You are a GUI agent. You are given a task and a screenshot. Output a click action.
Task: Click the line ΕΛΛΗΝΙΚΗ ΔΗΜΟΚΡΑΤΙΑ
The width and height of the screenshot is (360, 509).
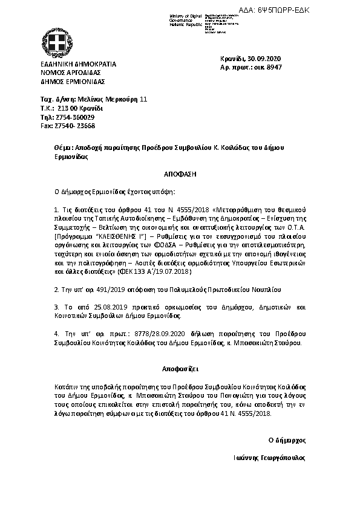coord(79,64)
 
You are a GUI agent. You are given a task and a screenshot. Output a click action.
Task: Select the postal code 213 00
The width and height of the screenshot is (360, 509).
coord(65,108)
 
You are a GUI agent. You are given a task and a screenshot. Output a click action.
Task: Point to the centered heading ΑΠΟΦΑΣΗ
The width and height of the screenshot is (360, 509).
coord(180,173)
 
